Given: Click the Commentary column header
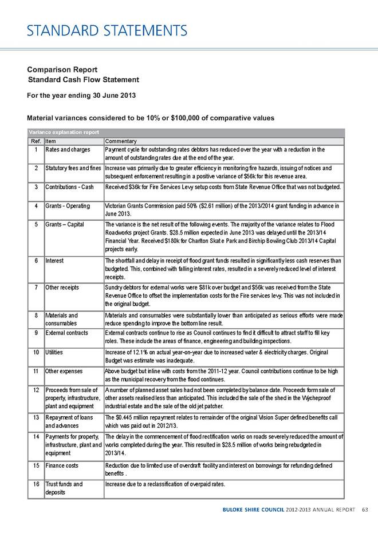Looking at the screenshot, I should (120, 141).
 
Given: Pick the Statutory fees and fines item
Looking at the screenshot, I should (73, 168).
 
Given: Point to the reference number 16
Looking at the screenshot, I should (36, 484).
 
